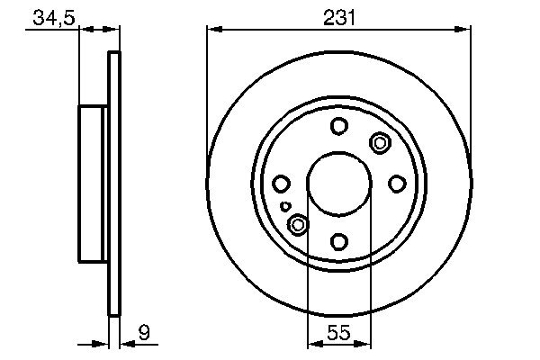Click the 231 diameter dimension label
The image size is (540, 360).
(x=337, y=15)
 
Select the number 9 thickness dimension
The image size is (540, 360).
(x=143, y=332)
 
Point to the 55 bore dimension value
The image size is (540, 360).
(x=337, y=332)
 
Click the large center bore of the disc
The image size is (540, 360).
(x=338, y=184)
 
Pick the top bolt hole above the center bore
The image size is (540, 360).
(x=338, y=126)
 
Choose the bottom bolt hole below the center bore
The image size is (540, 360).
(x=338, y=241)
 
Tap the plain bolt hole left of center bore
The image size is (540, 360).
(x=281, y=184)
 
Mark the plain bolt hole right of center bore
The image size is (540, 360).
(x=396, y=184)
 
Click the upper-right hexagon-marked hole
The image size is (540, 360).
(x=379, y=142)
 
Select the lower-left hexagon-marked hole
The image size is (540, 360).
(x=297, y=225)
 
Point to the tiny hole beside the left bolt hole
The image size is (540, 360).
(x=286, y=206)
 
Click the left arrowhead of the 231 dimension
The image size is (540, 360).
(x=213, y=30)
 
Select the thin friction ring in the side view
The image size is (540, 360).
(x=114, y=184)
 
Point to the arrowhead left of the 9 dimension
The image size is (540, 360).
(x=103, y=344)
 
